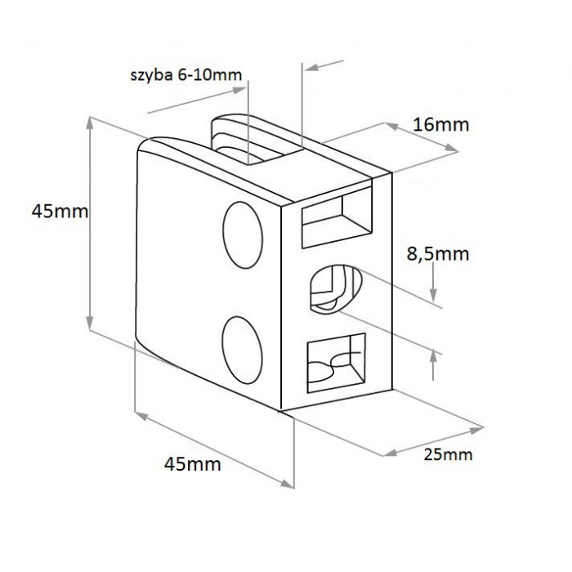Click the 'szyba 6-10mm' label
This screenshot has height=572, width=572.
click(x=186, y=75)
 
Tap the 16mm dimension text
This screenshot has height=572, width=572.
click(x=440, y=125)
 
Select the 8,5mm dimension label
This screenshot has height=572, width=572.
click(x=438, y=254)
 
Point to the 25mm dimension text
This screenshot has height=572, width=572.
click(x=448, y=454)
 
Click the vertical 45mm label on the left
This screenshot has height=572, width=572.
click(x=60, y=211)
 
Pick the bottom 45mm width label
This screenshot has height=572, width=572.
click(x=192, y=464)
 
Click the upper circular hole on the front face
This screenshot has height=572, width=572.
click(x=243, y=235)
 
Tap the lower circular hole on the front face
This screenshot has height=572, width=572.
click(x=242, y=350)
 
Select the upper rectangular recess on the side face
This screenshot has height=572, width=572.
click(x=337, y=218)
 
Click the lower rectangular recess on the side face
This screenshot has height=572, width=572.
click(x=336, y=363)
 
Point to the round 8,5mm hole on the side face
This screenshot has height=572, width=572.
click(x=336, y=289)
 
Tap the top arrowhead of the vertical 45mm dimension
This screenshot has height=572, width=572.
click(x=90, y=123)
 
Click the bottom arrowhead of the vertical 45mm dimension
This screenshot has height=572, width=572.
click(x=90, y=323)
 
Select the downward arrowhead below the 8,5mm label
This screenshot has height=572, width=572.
click(x=433, y=295)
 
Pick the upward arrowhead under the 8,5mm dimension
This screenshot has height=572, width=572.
click(x=433, y=356)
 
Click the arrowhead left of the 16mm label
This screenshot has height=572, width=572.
click(x=391, y=126)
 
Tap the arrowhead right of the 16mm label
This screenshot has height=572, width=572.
click(x=452, y=148)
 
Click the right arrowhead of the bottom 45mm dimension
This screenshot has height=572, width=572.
click(x=287, y=484)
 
